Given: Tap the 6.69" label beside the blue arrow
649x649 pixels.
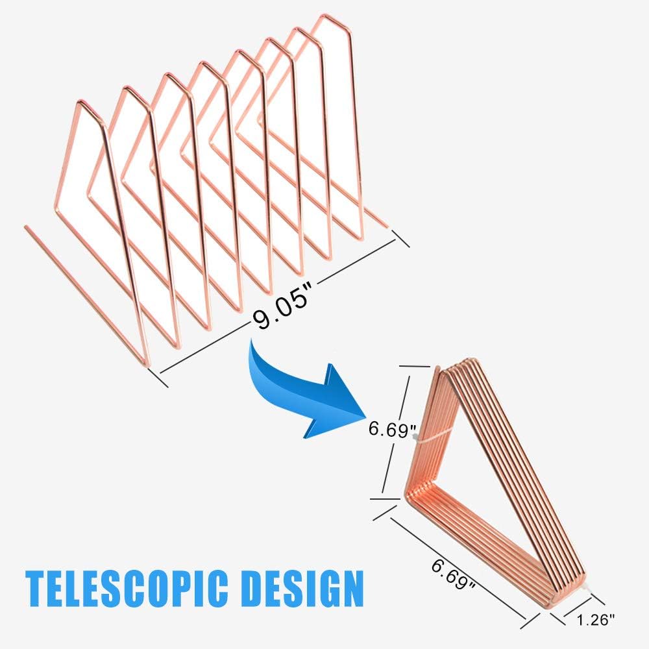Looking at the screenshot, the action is pyautogui.click(x=391, y=430).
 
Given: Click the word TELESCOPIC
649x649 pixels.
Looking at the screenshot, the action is pyautogui.click(x=127, y=588).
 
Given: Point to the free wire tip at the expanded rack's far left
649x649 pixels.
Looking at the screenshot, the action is pyautogui.click(x=26, y=227).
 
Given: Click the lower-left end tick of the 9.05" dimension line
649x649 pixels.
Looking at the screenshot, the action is pyautogui.click(x=160, y=376).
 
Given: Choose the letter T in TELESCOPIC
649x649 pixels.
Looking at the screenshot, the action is pyautogui.click(x=37, y=588).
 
